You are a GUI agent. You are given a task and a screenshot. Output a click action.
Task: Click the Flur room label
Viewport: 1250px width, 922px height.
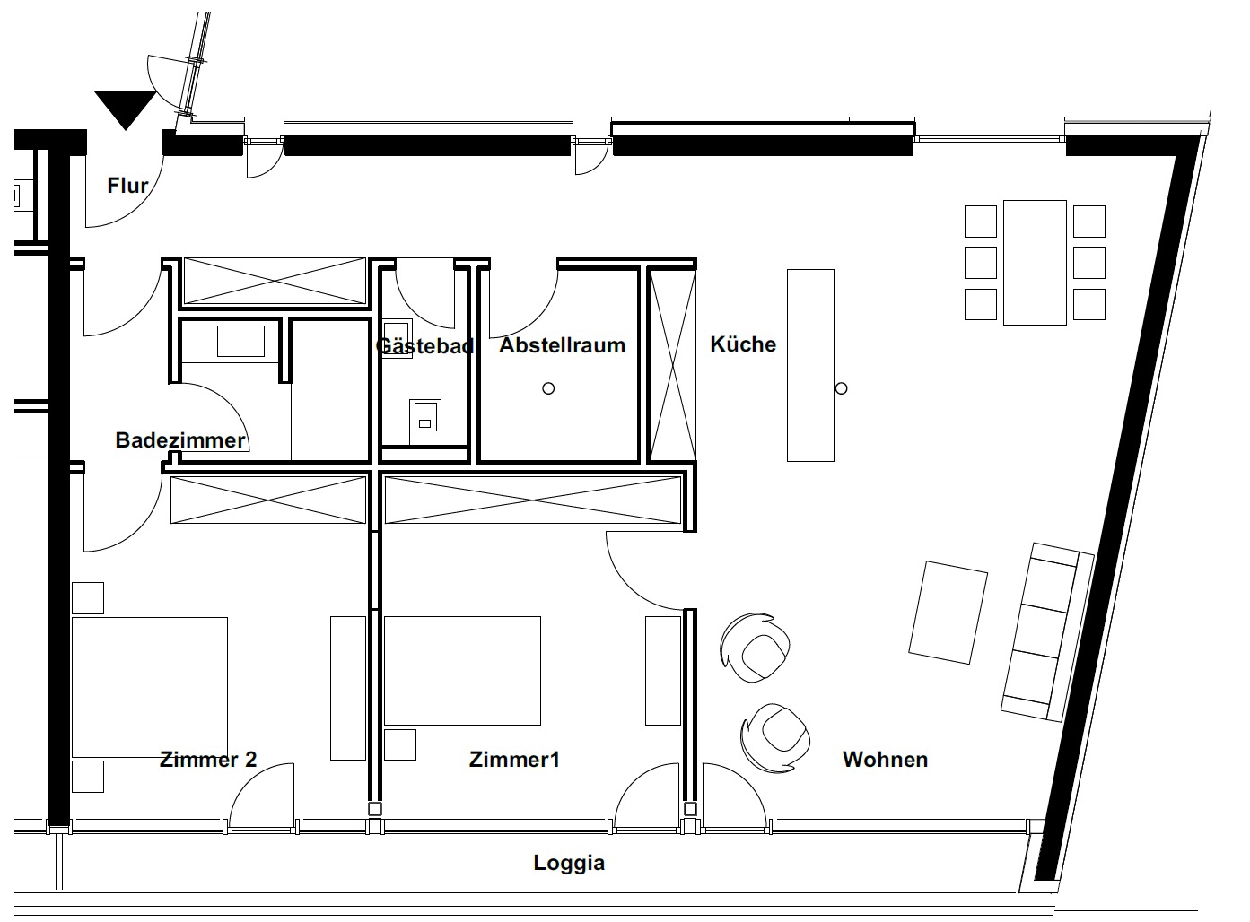[x=127, y=186]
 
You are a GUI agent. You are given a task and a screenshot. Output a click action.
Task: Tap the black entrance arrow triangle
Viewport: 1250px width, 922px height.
[x=125, y=109]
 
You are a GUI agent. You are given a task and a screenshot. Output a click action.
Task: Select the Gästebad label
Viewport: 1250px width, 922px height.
[x=425, y=345]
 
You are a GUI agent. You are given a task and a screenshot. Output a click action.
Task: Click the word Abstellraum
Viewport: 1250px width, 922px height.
[x=563, y=344]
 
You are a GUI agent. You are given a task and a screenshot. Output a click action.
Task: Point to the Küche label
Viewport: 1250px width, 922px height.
[x=743, y=344]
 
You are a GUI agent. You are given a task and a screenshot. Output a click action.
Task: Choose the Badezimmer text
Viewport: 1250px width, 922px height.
[x=180, y=439]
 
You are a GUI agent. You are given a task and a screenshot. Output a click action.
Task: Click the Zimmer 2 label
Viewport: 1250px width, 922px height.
[x=208, y=760]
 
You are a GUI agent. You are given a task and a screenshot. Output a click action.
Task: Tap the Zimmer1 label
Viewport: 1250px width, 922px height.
[x=514, y=760]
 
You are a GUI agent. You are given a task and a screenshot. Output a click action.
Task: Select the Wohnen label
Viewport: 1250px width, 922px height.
[x=885, y=760]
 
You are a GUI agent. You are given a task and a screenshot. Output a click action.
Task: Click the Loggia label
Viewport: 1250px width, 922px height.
[x=569, y=863]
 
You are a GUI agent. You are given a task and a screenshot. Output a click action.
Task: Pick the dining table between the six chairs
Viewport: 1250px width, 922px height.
[x=1035, y=263]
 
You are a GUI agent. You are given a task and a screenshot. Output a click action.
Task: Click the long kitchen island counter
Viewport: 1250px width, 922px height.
[x=810, y=365]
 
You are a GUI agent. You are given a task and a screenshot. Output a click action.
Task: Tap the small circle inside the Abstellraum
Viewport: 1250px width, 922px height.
[x=548, y=388]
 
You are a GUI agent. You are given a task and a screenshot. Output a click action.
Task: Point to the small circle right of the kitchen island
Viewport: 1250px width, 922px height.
[x=842, y=388]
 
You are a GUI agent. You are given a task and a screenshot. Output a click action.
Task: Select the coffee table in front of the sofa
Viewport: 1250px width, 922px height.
[x=948, y=613]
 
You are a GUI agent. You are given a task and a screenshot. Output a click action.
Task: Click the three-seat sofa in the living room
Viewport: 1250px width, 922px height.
[x=1047, y=631]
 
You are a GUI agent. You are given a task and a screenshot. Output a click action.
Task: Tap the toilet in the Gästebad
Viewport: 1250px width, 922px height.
[x=425, y=422]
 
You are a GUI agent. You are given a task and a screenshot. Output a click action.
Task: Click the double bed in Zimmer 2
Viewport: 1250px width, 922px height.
[x=150, y=687]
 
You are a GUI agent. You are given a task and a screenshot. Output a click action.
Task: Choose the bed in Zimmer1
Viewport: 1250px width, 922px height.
[x=462, y=670]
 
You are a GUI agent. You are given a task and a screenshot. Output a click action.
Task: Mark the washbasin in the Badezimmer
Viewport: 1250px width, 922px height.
[x=240, y=341]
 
